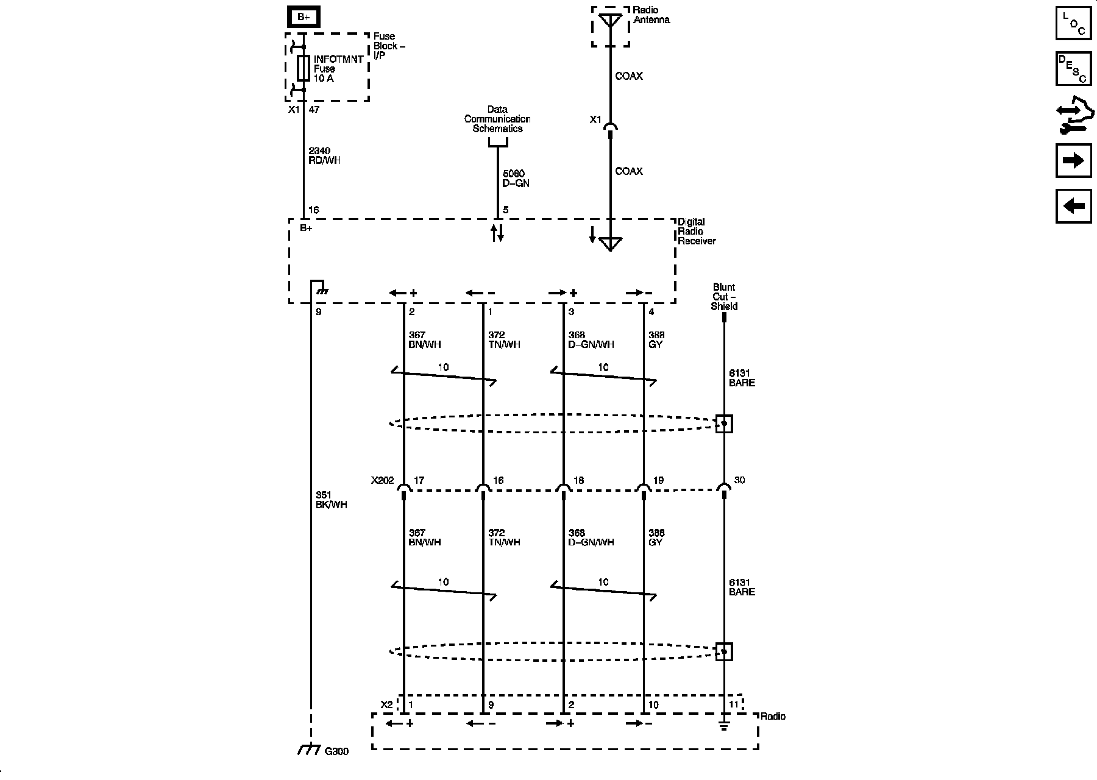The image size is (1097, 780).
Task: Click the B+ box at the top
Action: tap(304, 16)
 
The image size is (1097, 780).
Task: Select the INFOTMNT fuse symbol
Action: tap(303, 68)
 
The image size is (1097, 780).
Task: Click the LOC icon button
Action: tap(1073, 23)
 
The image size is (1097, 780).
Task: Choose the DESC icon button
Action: tap(1073, 69)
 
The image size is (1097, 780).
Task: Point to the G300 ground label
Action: tap(336, 751)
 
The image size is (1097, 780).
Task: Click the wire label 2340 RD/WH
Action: tap(324, 155)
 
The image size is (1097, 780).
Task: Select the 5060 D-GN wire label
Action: tap(516, 179)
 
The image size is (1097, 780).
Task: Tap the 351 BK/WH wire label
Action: tap(331, 500)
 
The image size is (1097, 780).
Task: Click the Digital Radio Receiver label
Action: tap(697, 232)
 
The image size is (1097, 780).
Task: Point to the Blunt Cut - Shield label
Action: tap(724, 297)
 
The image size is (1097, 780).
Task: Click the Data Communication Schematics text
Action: tap(497, 119)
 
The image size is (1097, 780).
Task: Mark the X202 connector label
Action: tap(383, 480)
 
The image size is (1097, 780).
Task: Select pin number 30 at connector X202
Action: tap(739, 480)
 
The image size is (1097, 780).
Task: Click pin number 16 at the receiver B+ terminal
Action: tap(313, 210)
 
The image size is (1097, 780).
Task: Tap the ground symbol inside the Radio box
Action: tap(724, 726)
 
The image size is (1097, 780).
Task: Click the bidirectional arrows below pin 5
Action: tap(498, 232)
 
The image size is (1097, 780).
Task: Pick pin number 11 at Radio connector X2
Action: tap(734, 704)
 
